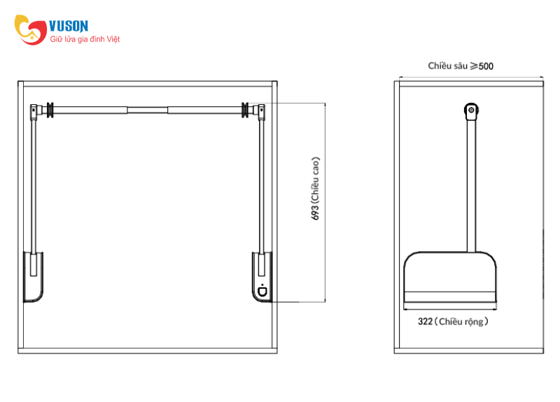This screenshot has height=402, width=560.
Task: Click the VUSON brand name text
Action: (68, 26)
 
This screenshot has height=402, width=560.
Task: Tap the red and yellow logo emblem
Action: (30, 30)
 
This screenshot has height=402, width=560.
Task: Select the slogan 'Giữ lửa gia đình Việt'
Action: (85, 39)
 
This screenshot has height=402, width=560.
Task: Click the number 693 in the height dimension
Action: (315, 213)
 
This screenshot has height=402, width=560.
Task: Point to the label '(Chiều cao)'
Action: (315, 180)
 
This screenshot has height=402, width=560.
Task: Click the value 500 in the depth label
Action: (486, 66)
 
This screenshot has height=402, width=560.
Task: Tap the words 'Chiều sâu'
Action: (447, 66)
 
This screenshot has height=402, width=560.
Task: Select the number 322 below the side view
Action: (425, 322)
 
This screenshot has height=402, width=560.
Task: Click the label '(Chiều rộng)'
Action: (461, 322)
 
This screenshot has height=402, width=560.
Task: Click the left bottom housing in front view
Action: (33, 277)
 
